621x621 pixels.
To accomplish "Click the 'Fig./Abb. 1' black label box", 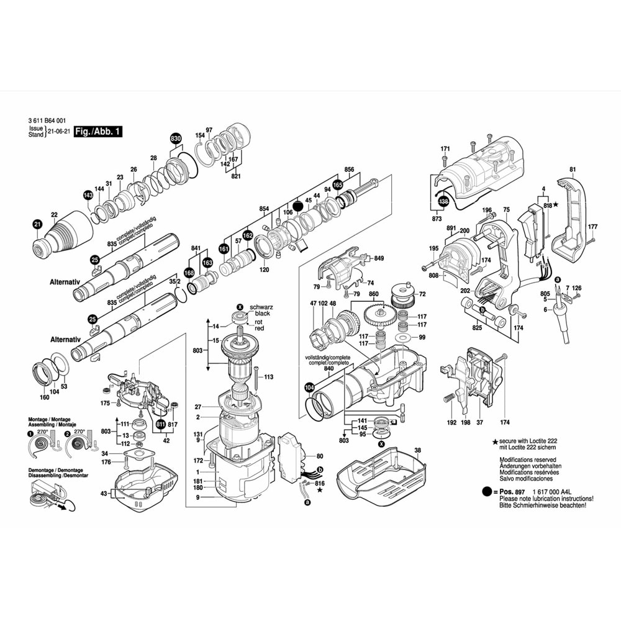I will [97, 132].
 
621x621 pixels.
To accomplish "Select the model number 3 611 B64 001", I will [48, 121].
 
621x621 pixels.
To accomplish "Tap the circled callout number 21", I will [37, 224].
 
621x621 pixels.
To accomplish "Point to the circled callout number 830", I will [176, 138].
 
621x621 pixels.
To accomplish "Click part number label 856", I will [349, 170].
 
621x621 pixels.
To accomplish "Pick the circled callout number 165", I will [337, 184].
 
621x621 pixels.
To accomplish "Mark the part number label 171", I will [445, 148].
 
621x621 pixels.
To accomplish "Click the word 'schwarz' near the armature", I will [261, 307].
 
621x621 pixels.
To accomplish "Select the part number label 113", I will [268, 377].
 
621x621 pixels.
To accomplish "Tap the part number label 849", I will [379, 258].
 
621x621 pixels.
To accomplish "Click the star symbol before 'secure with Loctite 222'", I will [495, 440].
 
